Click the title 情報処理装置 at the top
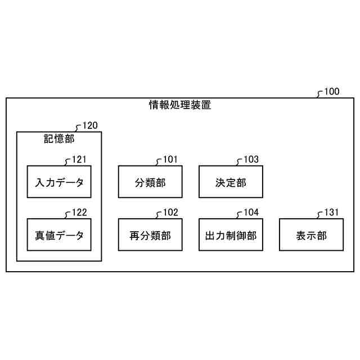coord(180,105)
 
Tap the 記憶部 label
coord(59,138)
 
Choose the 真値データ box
coord(59,235)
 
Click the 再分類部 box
coord(150,235)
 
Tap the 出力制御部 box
coord(231,235)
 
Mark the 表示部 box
coord(311,235)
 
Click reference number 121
coord(79,160)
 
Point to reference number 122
coord(79,213)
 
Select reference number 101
coord(170,160)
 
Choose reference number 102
coord(170,213)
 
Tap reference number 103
coord(251,160)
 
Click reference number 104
coord(251,213)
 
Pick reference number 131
coord(332,213)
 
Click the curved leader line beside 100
coord(320,94)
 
